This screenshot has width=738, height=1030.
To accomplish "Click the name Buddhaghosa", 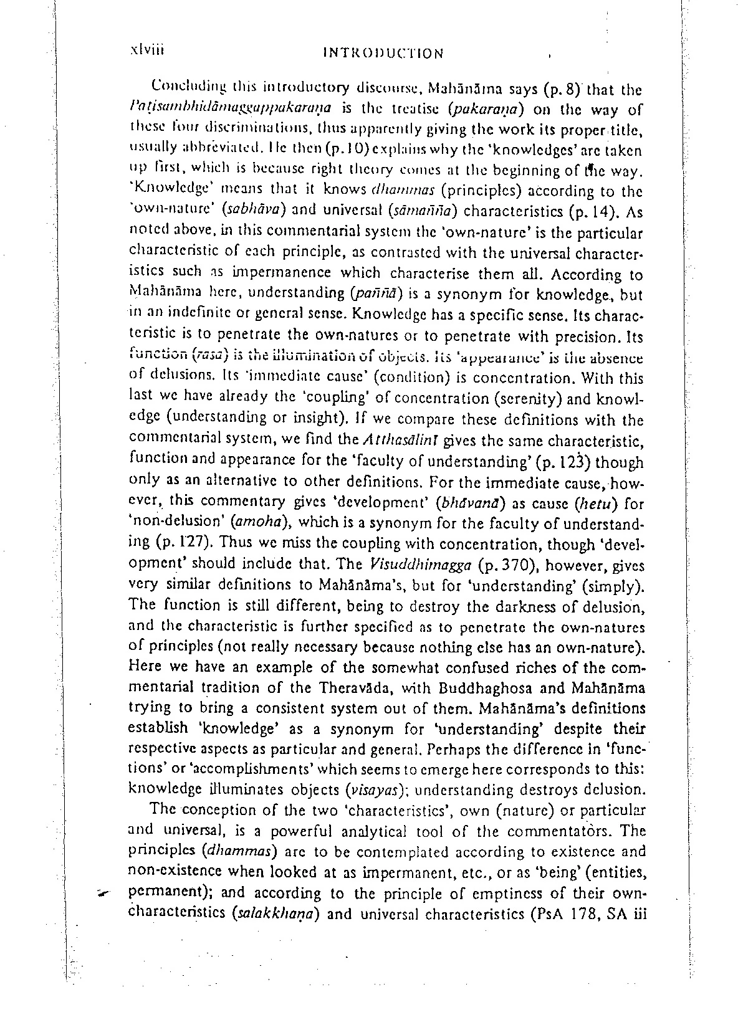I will pyautogui.click(x=506, y=689).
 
